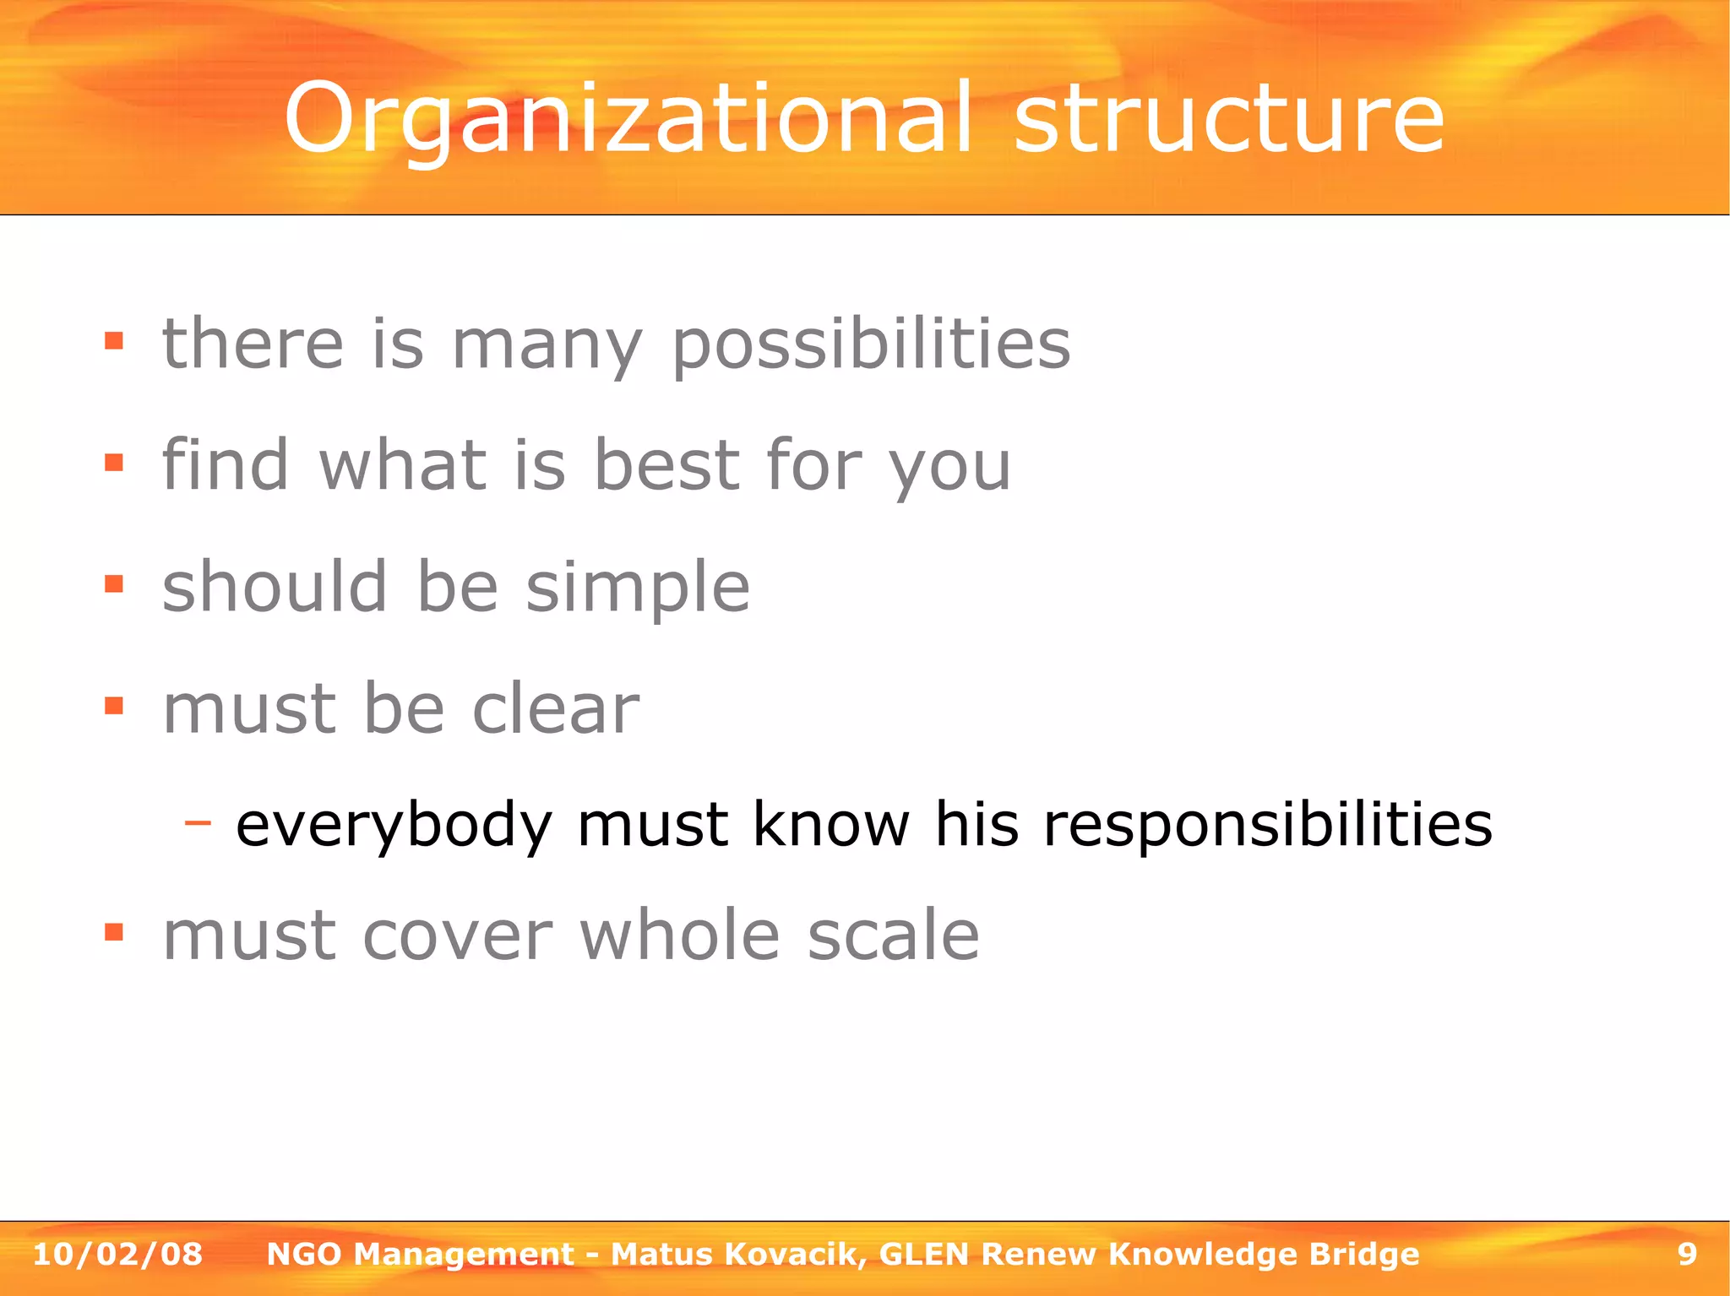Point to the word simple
point(638,588)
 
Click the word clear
point(555,708)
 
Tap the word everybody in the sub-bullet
point(394,825)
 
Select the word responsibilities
point(1268,825)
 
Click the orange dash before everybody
point(198,821)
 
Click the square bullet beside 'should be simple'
point(114,583)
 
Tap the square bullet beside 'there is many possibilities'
point(114,341)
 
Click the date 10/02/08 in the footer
point(117,1255)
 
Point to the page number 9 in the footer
point(1687,1255)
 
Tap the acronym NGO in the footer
point(304,1255)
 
